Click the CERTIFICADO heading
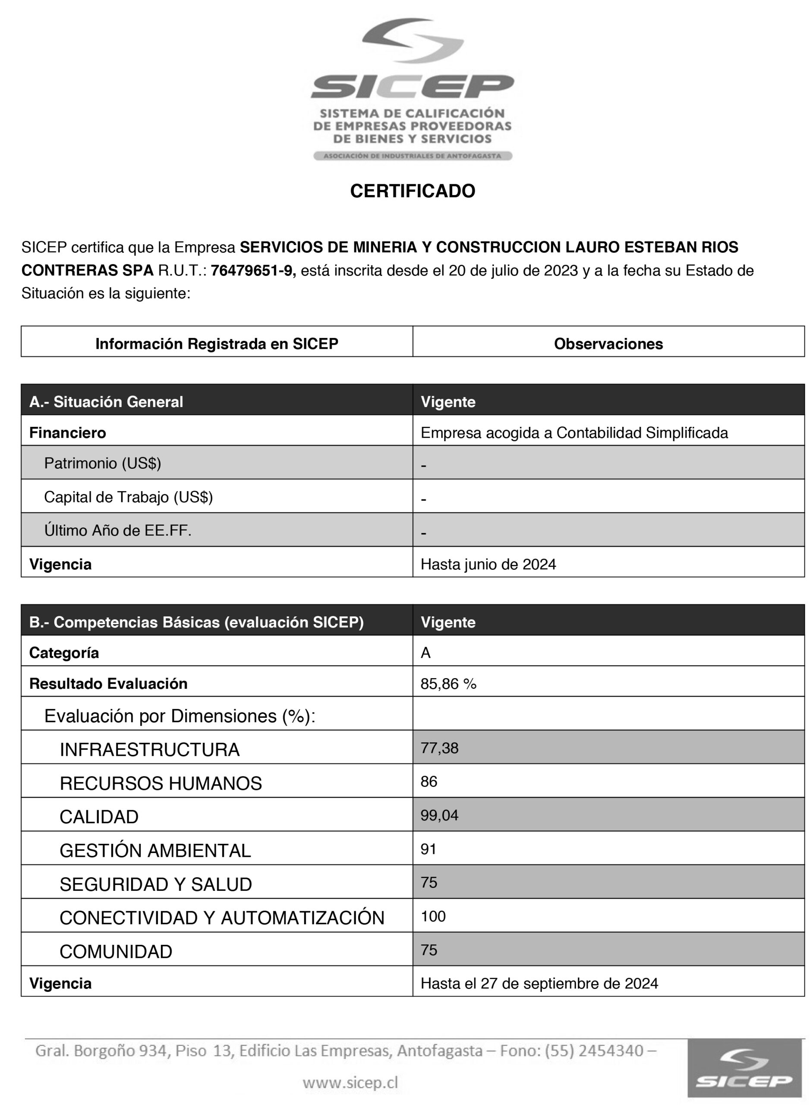coord(413,191)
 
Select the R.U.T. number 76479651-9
coord(253,271)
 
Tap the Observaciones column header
coord(608,344)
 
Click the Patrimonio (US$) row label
coord(102,463)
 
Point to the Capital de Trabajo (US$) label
coord(129,497)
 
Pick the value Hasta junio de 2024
coord(488,564)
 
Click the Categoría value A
coord(425,653)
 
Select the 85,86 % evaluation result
coord(448,684)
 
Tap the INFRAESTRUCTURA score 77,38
coord(439,748)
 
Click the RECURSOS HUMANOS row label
coord(161,783)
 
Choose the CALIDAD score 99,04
coord(439,815)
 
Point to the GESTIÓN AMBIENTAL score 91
coord(428,849)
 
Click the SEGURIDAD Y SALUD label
coord(155,884)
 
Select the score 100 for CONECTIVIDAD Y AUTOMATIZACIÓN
coord(433,916)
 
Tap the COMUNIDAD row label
coord(116,951)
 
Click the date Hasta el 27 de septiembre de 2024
coord(539,983)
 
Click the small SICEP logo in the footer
coord(743,1068)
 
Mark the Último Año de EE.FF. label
coord(118,530)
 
